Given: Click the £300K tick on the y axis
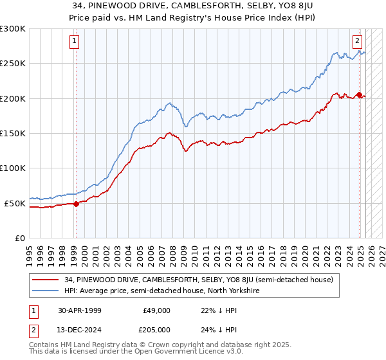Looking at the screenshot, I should click(13, 29).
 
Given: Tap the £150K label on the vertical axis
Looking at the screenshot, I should click(13, 134).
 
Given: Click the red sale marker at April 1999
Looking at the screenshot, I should click(76, 204).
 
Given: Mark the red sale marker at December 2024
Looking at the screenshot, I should click(359, 95).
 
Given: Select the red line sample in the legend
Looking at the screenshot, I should click(47, 280).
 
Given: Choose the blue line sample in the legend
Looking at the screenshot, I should click(47, 291).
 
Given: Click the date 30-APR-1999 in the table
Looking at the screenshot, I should click(81, 310).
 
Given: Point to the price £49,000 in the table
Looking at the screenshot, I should click(156, 310).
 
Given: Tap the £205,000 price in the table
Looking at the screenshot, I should click(156, 330).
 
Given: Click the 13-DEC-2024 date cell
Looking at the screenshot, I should click(81, 330).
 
